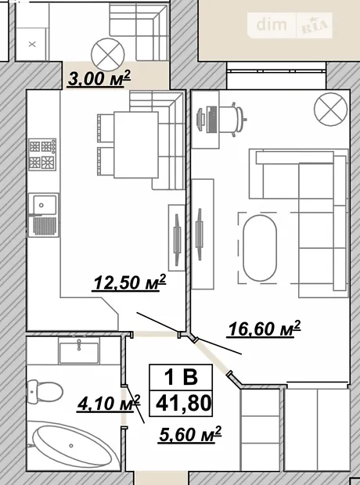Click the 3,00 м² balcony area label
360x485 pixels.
99,78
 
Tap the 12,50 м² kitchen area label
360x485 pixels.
129,282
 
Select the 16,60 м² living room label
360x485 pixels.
264,329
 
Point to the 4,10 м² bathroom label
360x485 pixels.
109,404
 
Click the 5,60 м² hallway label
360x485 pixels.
190,435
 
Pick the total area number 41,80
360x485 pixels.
184,404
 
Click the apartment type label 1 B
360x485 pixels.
181,377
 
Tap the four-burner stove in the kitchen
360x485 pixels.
42,154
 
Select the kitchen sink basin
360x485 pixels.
43,204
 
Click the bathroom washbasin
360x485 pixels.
79,350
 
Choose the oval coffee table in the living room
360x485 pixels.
260,248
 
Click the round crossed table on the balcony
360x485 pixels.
108,54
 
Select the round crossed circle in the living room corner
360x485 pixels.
331,110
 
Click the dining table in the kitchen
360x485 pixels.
136,145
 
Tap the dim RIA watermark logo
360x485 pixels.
290,25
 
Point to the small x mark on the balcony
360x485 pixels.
32,45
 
